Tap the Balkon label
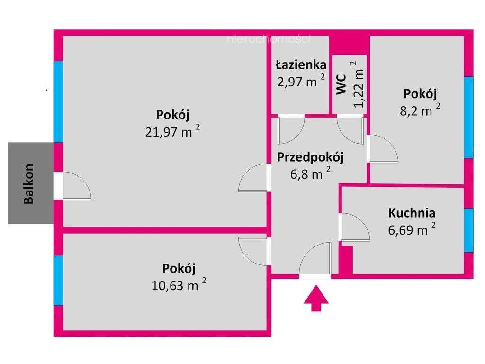coord(29,183)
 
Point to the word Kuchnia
coord(411,213)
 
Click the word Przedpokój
coord(310,157)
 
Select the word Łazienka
coord(301,64)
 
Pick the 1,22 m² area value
coord(359,84)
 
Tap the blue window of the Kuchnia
coord(468,230)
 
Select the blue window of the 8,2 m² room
coord(468,117)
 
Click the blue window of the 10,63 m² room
coord(58,280)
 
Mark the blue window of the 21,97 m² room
coord(58,101)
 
